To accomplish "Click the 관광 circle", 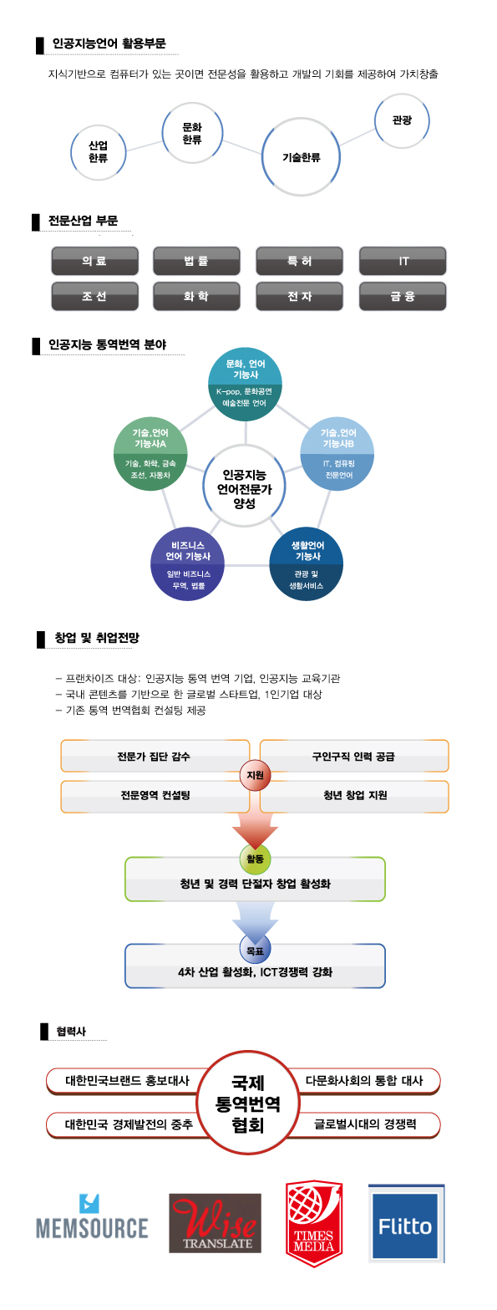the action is pyautogui.click(x=402, y=120).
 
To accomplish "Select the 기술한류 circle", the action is pyautogui.click(x=301, y=156).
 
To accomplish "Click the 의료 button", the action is pyautogui.click(x=94, y=261).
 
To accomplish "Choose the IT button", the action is pyautogui.click(x=403, y=261).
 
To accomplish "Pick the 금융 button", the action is pyautogui.click(x=403, y=296).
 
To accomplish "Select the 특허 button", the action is pyautogui.click(x=300, y=261).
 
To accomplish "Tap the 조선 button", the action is pyautogui.click(x=94, y=296).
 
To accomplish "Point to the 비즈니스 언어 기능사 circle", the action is pyautogui.click(x=188, y=564).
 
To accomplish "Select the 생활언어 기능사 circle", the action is pyautogui.click(x=306, y=564).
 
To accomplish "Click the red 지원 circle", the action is pyautogui.click(x=256, y=775).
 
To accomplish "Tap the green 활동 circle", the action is pyautogui.click(x=256, y=859).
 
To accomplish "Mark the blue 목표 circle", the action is pyautogui.click(x=256, y=951).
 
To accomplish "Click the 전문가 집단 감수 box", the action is pyautogui.click(x=155, y=757).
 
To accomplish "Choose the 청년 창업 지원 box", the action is pyautogui.click(x=354, y=796).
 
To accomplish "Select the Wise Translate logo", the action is pyautogui.click(x=215, y=1223).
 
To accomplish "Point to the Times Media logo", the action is pyautogui.click(x=314, y=1224).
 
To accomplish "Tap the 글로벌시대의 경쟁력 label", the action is pyautogui.click(x=365, y=1124).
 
